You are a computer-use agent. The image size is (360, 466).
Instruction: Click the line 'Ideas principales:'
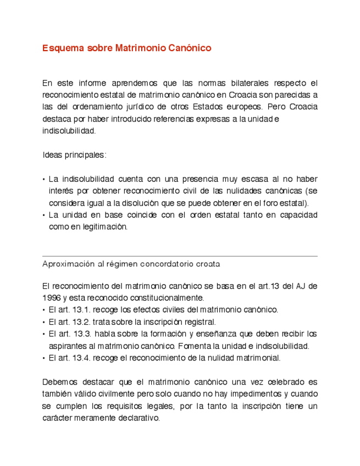click(x=74, y=155)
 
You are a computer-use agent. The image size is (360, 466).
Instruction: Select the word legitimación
click(x=103, y=226)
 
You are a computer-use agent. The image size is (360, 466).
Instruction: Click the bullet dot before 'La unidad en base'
click(x=44, y=215)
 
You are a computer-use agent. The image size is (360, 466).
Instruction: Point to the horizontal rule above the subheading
click(x=180, y=256)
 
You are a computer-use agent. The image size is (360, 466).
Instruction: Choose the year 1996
click(x=51, y=298)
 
